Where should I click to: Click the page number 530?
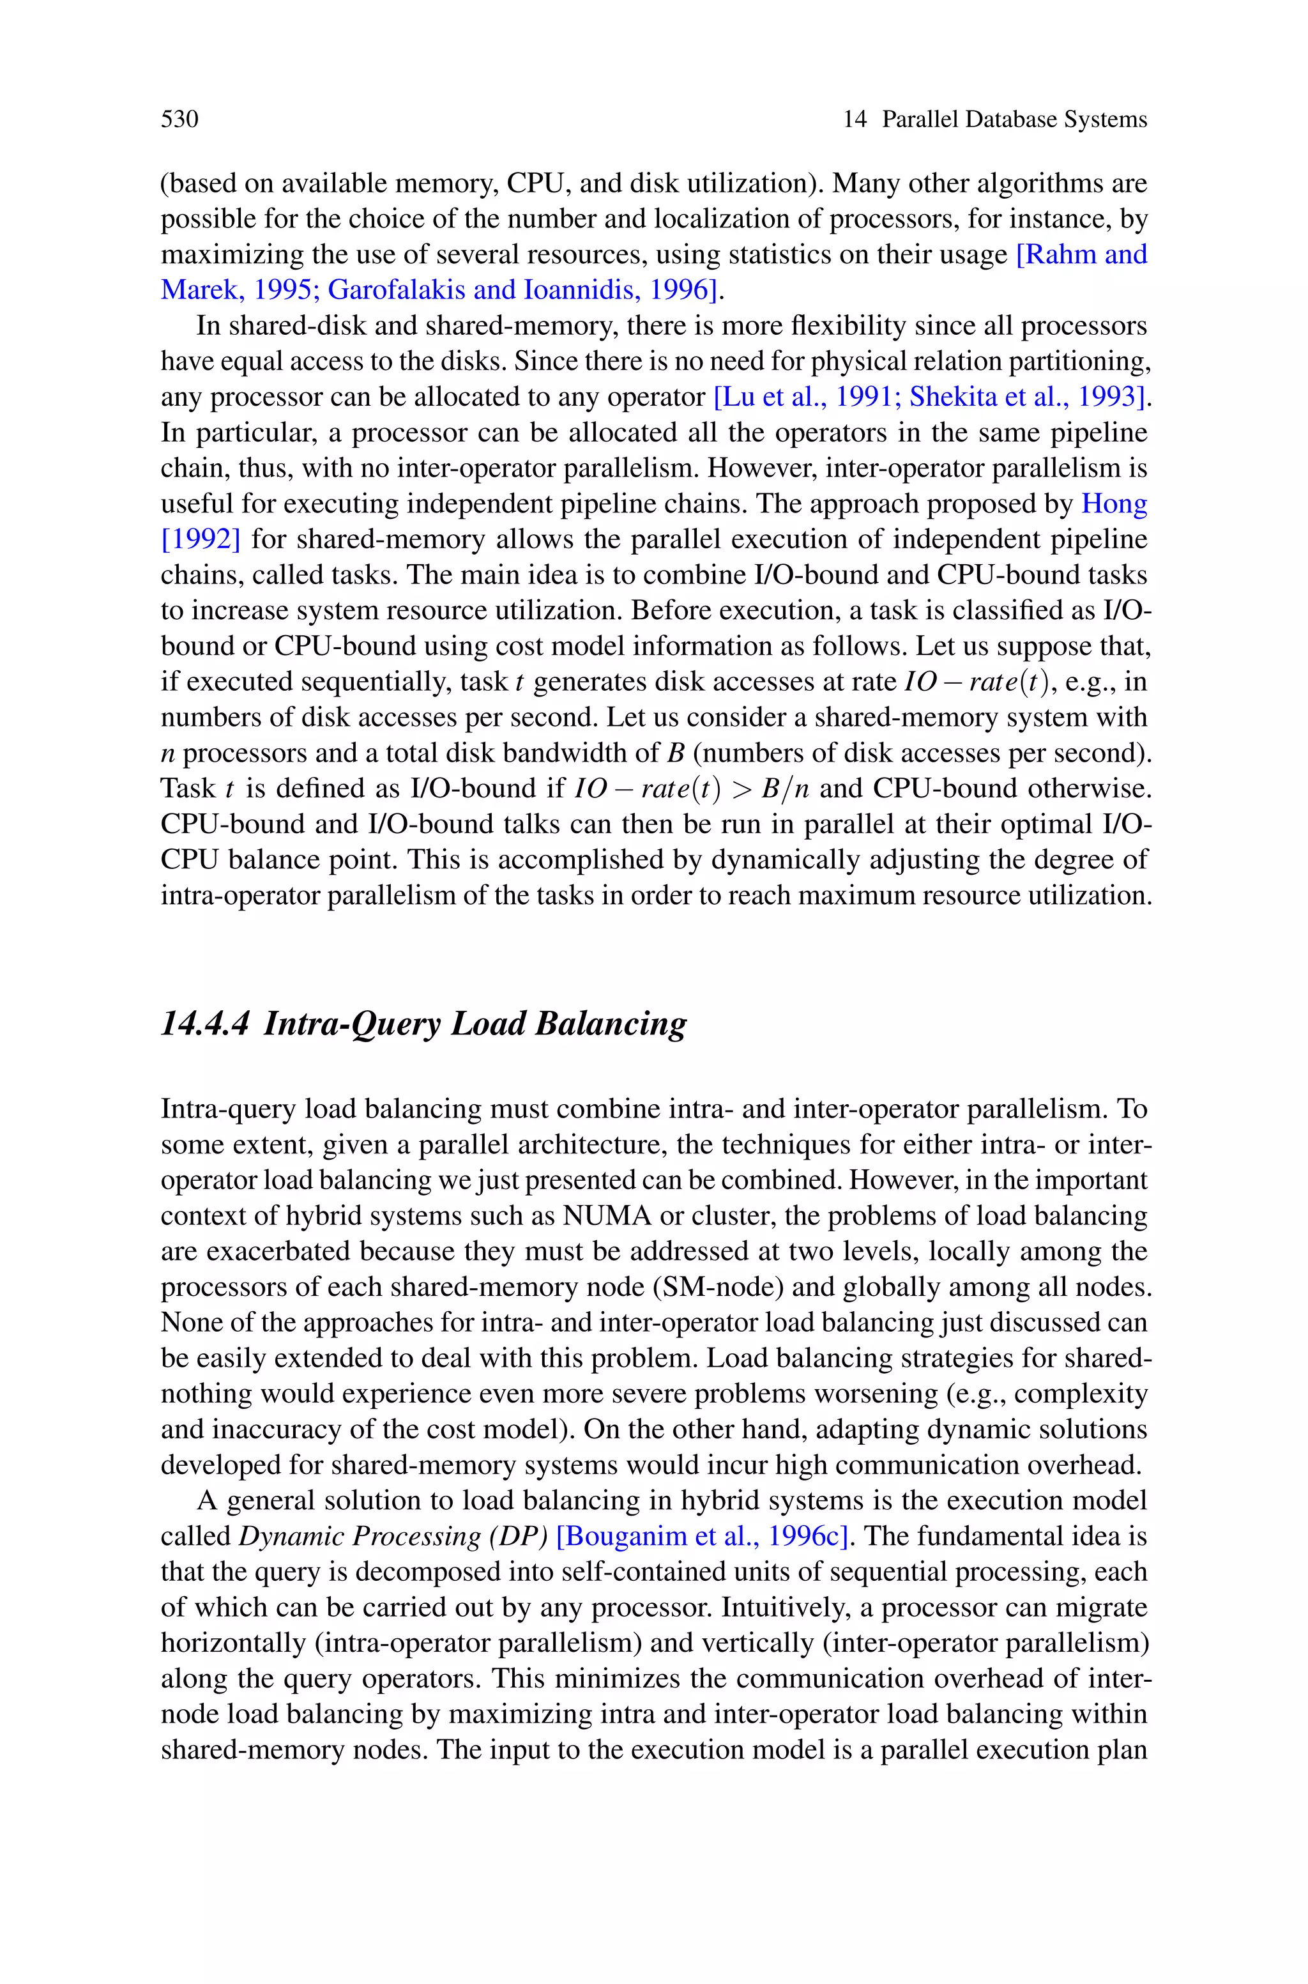[179, 119]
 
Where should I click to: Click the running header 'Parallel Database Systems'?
[1014, 119]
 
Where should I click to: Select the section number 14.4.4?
[204, 1024]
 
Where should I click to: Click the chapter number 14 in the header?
[854, 119]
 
